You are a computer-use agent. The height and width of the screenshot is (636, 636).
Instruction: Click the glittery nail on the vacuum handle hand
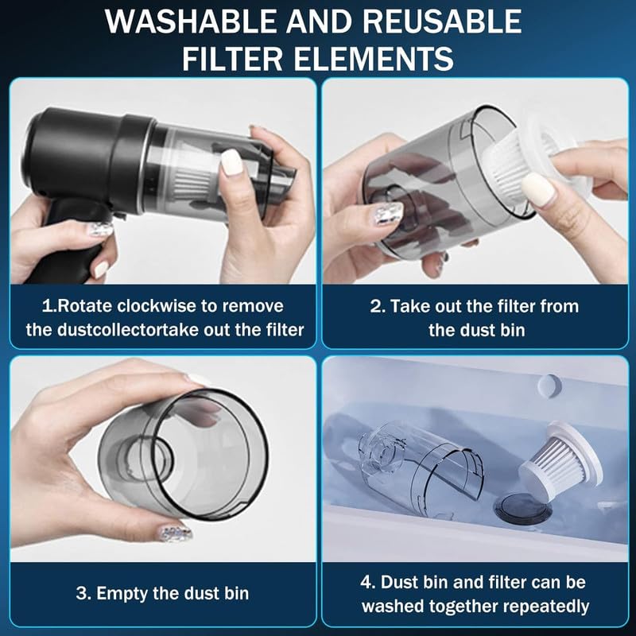click(x=100, y=231)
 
